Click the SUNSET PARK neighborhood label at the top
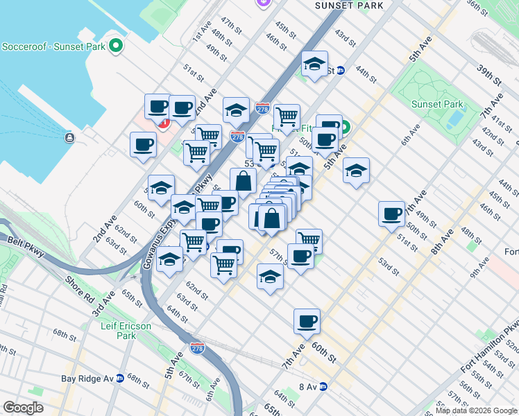point(348,5)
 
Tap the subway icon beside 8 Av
point(323,387)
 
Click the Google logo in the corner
point(23,408)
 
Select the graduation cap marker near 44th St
point(315,64)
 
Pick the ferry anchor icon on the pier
point(69,137)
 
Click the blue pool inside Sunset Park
point(456,117)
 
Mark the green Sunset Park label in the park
point(437,104)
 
